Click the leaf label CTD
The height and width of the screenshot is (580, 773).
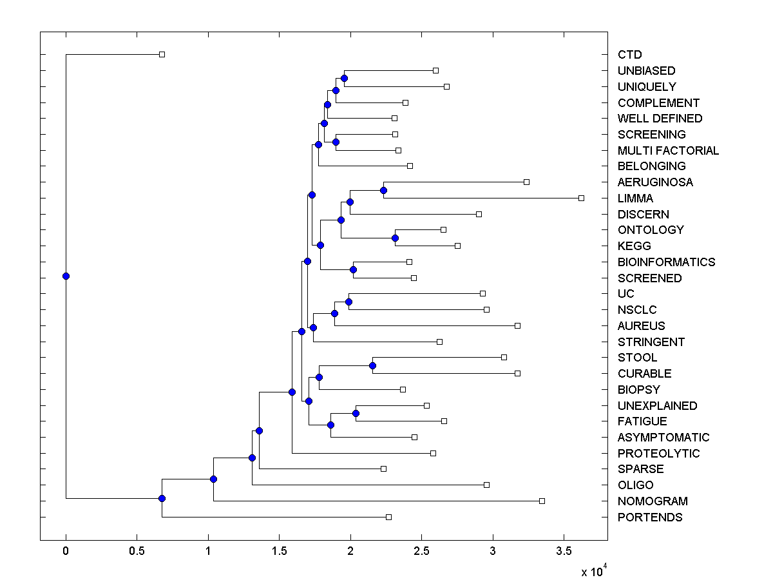[629, 55]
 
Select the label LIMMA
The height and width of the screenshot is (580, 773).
[635, 198]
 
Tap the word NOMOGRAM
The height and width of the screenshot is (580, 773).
[653, 501]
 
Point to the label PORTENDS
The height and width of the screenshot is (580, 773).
[650, 517]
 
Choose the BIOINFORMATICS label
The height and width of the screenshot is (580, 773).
[666, 262]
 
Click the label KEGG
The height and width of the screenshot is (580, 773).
[634, 246]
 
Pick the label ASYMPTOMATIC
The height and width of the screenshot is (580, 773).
[663, 438]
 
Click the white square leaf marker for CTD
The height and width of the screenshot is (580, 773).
[162, 54]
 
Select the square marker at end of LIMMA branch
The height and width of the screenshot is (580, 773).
[581, 198]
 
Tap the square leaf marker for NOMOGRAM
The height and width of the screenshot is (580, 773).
[542, 501]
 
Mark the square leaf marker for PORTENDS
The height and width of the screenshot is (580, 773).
[388, 517]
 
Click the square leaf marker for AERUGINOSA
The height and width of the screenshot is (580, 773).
[526, 182]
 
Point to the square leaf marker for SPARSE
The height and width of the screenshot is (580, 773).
[383, 469]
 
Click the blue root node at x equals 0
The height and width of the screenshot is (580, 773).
[66, 276]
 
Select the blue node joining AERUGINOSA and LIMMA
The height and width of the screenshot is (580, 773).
[383, 190]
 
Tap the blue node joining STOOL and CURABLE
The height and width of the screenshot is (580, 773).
[372, 365]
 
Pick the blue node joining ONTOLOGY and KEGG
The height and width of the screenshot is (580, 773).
[395, 238]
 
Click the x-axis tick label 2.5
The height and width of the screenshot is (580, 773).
[421, 552]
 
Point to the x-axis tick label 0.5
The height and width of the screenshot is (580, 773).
[137, 552]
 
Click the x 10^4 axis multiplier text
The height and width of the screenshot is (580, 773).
[594, 571]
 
